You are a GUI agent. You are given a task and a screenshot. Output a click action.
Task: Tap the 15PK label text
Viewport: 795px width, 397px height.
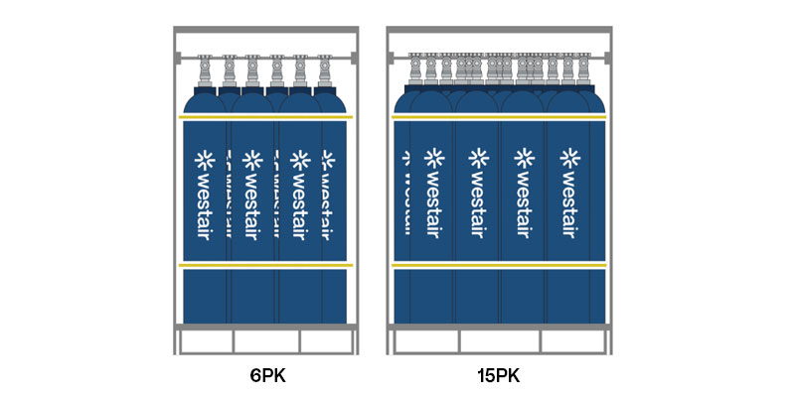(498, 376)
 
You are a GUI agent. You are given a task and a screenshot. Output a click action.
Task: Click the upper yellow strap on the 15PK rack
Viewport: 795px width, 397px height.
(498, 117)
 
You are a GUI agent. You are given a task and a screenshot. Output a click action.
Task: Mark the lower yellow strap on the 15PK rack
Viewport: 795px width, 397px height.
(498, 266)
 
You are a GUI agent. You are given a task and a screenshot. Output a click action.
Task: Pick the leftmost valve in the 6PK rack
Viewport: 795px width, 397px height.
(206, 71)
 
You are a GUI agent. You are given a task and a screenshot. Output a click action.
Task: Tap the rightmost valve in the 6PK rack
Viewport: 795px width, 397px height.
(323, 71)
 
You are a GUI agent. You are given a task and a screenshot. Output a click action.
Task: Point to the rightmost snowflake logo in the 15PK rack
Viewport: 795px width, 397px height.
(570, 157)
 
